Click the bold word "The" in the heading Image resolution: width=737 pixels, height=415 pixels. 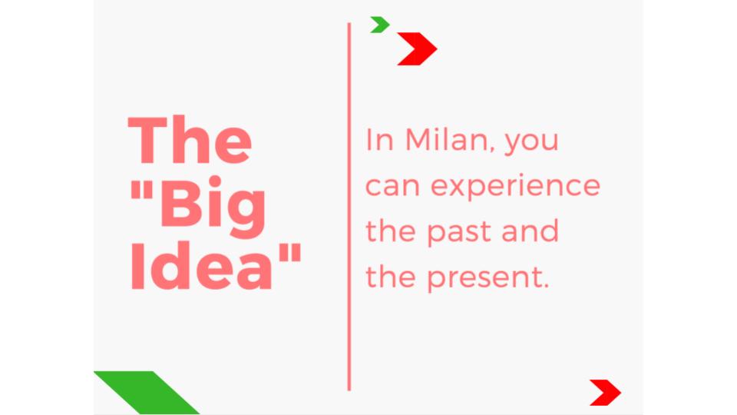point(190,140)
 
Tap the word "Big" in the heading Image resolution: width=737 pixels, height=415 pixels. point(213,206)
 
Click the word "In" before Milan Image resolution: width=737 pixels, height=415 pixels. point(379,140)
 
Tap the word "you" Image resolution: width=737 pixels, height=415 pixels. point(531,143)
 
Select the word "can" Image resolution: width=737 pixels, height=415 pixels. point(392,186)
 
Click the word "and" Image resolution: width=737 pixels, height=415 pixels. point(530,231)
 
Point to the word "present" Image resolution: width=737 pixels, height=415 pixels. point(485,278)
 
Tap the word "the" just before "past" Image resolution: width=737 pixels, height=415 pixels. point(391,231)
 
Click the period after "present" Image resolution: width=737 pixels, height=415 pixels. point(546,286)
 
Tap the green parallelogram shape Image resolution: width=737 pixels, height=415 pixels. point(147,393)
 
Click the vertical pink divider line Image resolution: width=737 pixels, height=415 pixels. point(349,207)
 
